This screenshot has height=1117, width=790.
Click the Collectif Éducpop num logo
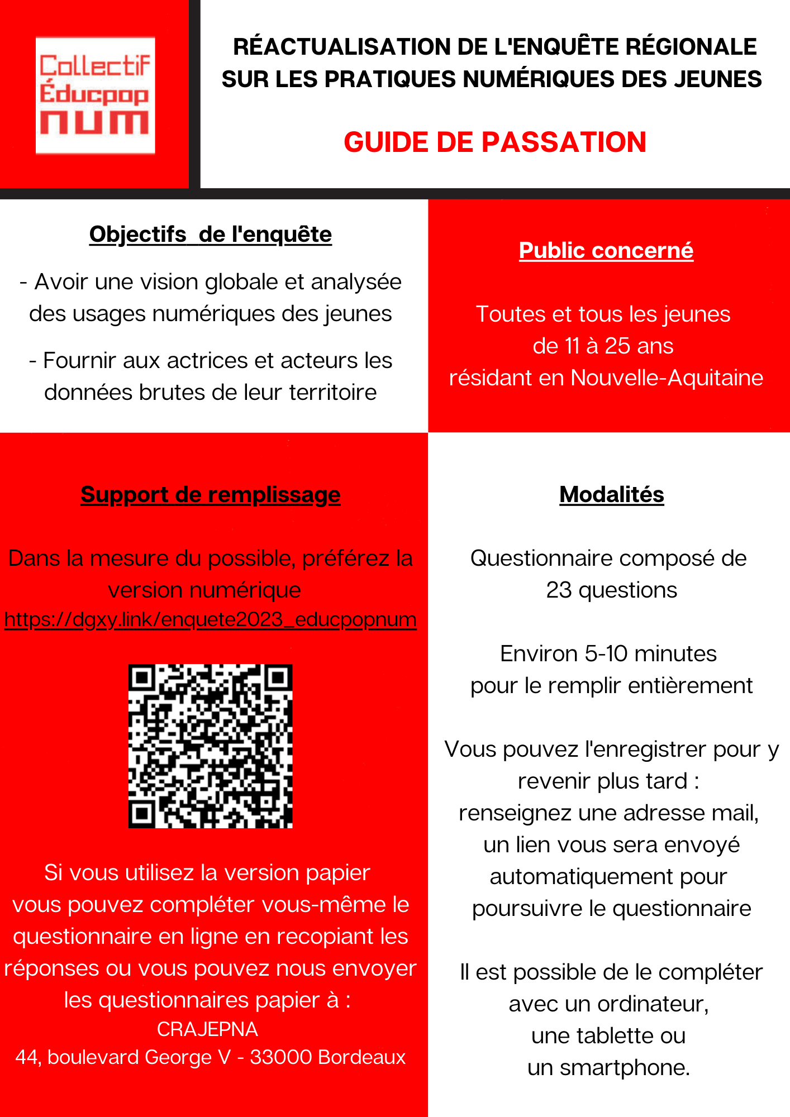coord(95,96)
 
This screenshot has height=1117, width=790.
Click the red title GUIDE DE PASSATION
coord(495,142)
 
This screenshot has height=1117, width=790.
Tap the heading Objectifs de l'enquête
coord(211,235)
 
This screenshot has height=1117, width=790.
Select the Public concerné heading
coord(606,251)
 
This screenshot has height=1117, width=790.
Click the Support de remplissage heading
coord(211,495)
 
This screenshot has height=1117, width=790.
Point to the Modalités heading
coord(612,495)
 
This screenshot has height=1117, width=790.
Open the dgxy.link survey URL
coord(211,619)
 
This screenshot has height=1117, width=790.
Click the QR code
coord(211,746)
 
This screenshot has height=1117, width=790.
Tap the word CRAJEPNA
coord(207,1029)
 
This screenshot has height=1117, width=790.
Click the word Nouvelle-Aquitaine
coord(667,378)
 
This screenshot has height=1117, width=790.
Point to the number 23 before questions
coord(559,590)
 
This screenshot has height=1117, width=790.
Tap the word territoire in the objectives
coord(333,393)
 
